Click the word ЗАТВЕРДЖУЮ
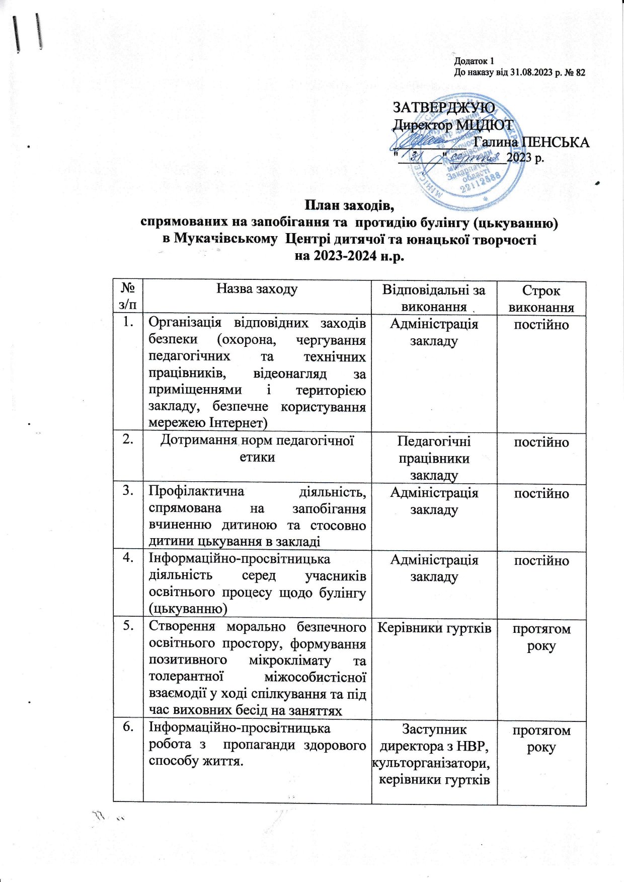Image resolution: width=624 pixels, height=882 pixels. (x=443, y=107)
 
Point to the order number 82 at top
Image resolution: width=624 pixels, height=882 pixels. (x=580, y=72)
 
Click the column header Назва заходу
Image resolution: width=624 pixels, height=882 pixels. (x=257, y=289)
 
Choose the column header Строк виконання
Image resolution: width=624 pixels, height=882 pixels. (x=541, y=299)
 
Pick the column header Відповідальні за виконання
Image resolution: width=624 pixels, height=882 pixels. (x=434, y=298)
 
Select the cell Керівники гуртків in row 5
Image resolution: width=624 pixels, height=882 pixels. (x=434, y=628)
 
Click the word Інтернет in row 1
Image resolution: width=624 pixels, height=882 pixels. (x=240, y=422)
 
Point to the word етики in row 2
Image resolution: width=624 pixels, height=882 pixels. (x=257, y=457)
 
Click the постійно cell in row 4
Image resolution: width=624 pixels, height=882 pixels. (x=541, y=560)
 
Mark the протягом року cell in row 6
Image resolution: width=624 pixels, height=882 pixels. (x=541, y=738)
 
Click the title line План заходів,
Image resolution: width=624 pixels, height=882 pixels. (x=349, y=206)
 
